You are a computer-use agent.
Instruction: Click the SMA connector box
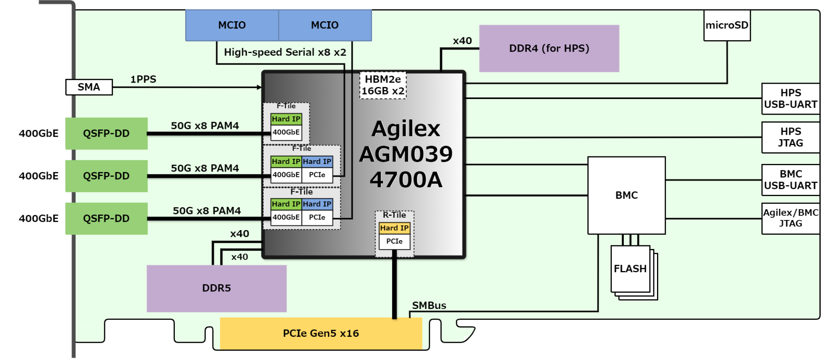[89, 87]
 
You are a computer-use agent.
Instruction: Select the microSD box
[727, 25]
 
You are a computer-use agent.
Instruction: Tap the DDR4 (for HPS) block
[549, 49]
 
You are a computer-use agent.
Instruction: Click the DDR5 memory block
[216, 288]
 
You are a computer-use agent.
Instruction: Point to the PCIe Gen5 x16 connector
[321, 333]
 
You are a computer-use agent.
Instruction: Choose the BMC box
[626, 195]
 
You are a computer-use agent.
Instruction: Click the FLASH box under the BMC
[630, 269]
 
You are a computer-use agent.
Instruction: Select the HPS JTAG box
[790, 137]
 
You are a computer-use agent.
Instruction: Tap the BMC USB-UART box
[790, 180]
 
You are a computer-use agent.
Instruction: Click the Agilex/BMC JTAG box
[790, 218]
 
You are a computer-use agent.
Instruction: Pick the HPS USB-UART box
[790, 99]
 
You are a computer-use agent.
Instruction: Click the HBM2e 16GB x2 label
[383, 85]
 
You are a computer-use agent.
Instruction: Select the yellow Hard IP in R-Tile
[394, 228]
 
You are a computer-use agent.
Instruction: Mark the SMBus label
[429, 305]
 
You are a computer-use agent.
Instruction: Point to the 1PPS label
[143, 79]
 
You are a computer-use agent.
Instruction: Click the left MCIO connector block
[232, 25]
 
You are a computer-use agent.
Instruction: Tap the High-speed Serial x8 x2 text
[285, 53]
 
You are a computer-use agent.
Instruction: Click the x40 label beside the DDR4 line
[462, 41]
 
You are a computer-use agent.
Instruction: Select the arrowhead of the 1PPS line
[259, 87]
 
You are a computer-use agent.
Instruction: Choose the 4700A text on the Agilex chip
[406, 180]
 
